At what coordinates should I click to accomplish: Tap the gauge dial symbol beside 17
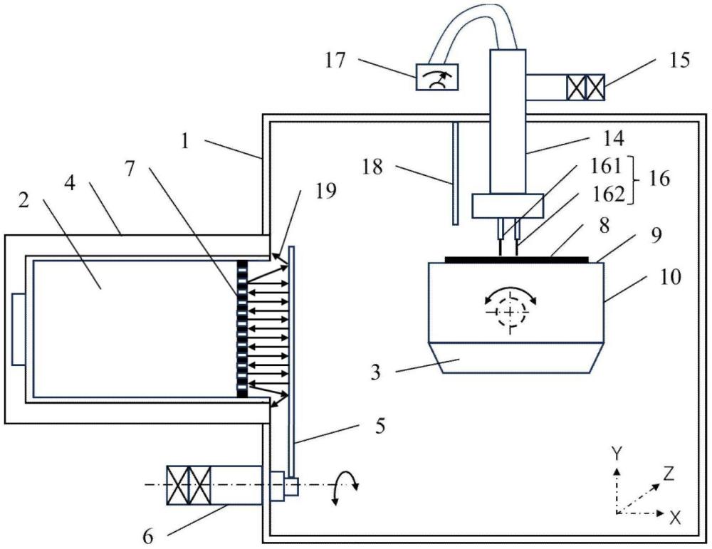[x=436, y=75]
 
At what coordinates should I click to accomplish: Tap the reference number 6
[x=147, y=536]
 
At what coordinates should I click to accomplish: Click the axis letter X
[x=675, y=518]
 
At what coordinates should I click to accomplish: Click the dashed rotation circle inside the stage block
[x=508, y=310]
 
